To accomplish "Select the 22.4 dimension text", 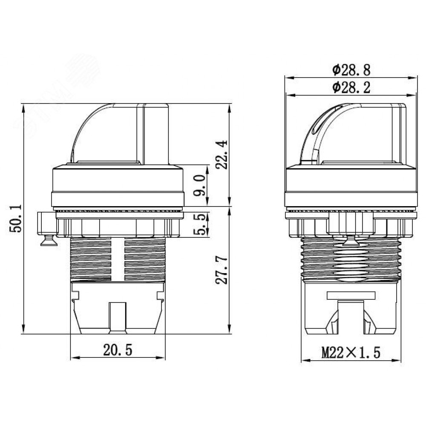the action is [222, 154].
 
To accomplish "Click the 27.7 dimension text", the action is [222, 270].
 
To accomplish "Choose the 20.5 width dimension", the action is [118, 350].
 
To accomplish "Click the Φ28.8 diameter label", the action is [351, 70].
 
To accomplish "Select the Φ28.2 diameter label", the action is [351, 88].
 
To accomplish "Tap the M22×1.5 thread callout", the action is [351, 353].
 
